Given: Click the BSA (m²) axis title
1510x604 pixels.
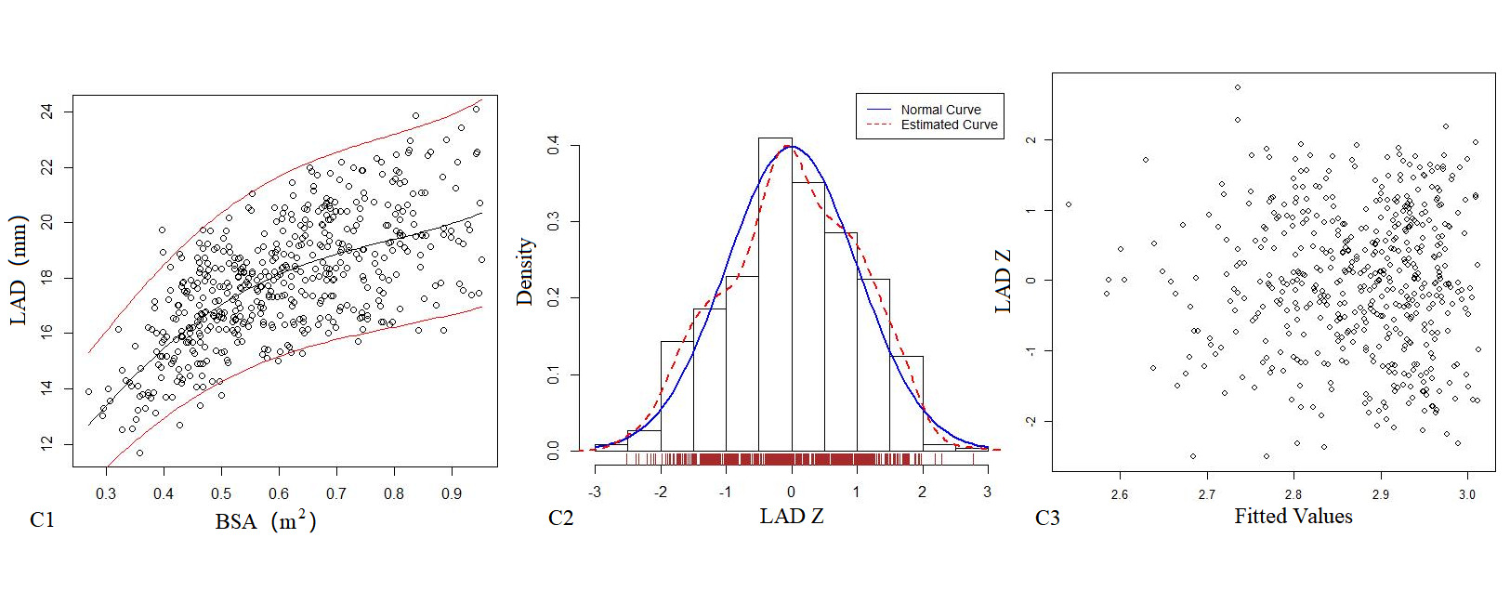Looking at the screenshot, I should (266, 521).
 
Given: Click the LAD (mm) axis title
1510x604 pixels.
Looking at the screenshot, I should (19, 270).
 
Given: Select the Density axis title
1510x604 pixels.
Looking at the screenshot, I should (525, 271).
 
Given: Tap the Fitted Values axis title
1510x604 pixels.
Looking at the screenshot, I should (1293, 517).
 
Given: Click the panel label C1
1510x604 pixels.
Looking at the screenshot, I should (42, 519).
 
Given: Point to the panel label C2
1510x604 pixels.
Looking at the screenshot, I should (560, 518).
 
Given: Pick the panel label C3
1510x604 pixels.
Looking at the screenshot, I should (1047, 518).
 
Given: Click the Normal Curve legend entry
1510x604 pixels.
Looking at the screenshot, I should (940, 110).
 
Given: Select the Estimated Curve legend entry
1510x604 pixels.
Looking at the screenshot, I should (949, 125).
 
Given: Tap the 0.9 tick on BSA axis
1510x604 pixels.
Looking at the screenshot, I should (452, 493).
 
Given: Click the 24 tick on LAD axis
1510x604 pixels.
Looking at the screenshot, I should (47, 112).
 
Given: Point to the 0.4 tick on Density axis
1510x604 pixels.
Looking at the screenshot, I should (554, 146).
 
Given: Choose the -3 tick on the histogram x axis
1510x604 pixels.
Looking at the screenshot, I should (595, 492).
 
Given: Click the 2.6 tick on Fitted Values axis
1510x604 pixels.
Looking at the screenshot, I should (1120, 494).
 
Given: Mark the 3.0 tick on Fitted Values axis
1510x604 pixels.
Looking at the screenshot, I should (1467, 494).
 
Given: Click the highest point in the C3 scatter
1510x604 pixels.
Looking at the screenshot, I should (1237, 87).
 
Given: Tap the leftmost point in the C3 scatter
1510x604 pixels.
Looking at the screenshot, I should (1069, 204).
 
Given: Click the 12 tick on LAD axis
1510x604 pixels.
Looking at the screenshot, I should (47, 443).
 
